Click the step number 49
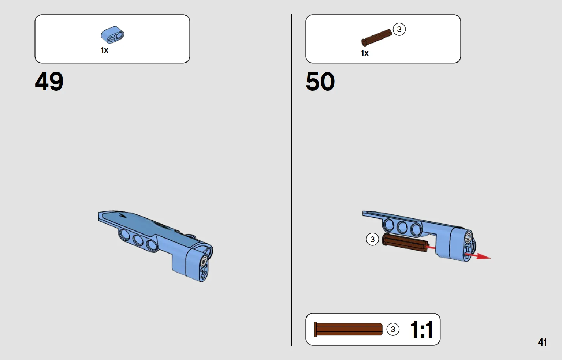[x=49, y=81]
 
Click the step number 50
[x=320, y=81]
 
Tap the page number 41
[x=542, y=342]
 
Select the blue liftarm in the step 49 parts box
[x=112, y=35]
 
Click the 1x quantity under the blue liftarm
[x=105, y=50]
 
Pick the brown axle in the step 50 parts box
[x=376, y=38]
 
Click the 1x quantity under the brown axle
[x=365, y=53]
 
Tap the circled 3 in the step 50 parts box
[x=399, y=29]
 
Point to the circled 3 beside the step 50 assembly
[x=372, y=239]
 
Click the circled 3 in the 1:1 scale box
[x=393, y=329]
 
